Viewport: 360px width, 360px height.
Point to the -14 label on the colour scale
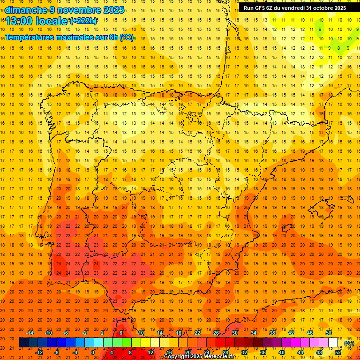coord(30,333)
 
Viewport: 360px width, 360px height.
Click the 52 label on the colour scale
coord(337,352)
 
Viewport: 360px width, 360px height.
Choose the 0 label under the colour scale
coord(93,352)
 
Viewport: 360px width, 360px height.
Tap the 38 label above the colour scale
coord(272,333)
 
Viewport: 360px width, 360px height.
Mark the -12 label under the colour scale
coord(39,352)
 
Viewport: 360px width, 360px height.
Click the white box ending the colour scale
coord(333,343)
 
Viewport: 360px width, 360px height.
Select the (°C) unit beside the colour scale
coord(349,343)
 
